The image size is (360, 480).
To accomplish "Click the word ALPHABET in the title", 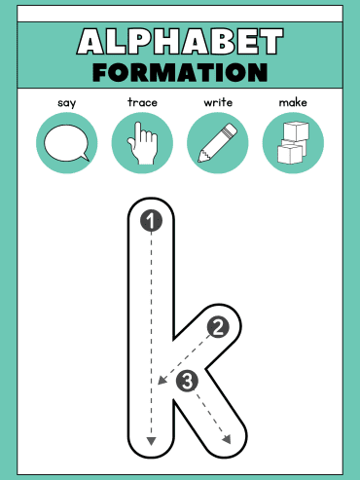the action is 180,41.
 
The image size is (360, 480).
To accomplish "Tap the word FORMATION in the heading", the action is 180,72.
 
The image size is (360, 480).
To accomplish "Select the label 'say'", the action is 67,103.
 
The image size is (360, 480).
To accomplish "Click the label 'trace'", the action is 142,102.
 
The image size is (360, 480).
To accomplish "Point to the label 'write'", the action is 218,102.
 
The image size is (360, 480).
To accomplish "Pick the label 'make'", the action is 293,102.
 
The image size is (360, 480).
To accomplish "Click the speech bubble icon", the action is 66,143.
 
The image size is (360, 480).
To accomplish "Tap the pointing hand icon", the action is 143,143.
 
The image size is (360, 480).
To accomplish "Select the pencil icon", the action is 218,143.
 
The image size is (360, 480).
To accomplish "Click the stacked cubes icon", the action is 293,143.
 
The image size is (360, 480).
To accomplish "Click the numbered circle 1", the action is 151,221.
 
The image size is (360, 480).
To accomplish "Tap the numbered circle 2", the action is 218,327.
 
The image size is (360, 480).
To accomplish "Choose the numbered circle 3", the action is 188,381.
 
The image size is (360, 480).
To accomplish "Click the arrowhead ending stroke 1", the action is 151,441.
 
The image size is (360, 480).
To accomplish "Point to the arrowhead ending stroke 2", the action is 162,380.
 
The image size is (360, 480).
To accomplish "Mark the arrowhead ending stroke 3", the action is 227,439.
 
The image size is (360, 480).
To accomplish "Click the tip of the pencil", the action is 198,161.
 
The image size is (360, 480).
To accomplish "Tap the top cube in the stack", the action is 296,130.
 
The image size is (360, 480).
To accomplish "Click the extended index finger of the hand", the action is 138,131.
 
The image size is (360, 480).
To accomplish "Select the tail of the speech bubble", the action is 86,157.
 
